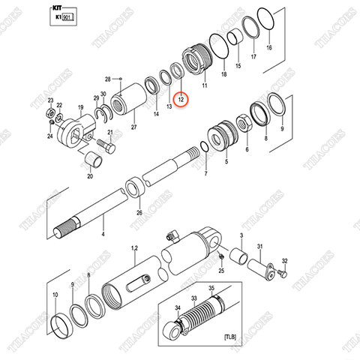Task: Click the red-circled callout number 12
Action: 180,98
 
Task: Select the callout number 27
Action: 133,128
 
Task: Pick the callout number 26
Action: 138,212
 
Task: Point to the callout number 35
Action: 211,287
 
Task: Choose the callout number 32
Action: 283,260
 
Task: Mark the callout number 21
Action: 111,133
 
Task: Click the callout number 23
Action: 50,100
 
